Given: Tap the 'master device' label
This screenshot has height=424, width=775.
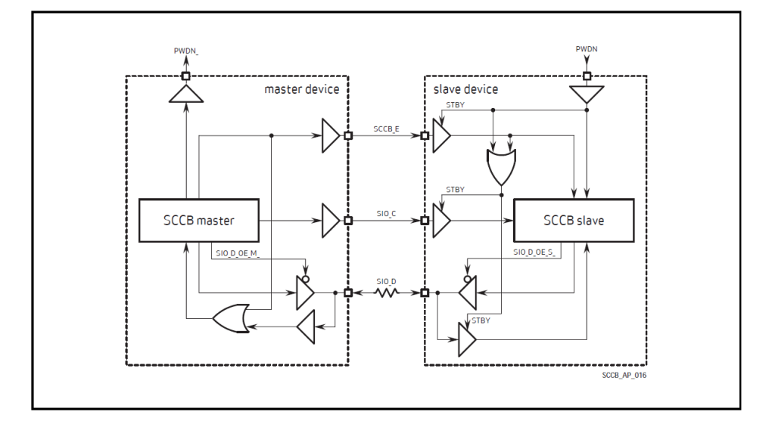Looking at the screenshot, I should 301,89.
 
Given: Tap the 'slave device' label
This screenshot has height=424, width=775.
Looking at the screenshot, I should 465,89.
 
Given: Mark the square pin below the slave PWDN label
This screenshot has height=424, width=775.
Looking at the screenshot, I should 587,76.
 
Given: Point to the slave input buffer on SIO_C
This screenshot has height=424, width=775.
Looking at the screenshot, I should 441,221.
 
